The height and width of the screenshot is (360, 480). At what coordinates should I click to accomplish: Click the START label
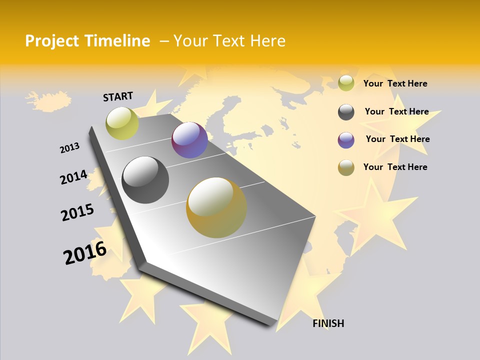[118, 96]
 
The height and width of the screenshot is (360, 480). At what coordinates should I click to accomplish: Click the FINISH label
[328, 323]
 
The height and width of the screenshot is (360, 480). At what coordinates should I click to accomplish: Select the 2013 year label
[69, 148]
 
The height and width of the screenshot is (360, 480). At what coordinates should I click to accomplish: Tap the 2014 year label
[73, 177]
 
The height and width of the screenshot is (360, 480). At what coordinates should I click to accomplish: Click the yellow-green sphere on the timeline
[122, 123]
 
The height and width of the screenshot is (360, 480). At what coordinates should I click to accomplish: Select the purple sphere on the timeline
[189, 140]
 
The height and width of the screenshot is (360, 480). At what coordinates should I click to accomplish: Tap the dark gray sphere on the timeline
[145, 180]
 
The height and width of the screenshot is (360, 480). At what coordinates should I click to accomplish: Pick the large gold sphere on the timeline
[216, 207]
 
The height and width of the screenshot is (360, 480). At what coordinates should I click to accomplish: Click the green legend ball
[346, 83]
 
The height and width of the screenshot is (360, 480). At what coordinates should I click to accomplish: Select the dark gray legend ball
[346, 112]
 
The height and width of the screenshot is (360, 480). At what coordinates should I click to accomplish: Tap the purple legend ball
[346, 140]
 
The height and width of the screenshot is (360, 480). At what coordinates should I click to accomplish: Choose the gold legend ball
[346, 167]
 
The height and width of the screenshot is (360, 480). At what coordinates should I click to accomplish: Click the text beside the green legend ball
[395, 83]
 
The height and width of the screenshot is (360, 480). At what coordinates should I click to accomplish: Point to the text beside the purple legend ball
[397, 139]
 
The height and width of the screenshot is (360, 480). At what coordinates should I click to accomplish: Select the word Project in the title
[52, 41]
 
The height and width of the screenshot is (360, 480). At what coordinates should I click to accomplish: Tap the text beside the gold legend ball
[395, 167]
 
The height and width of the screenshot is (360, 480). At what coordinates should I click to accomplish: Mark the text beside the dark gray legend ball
[396, 111]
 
